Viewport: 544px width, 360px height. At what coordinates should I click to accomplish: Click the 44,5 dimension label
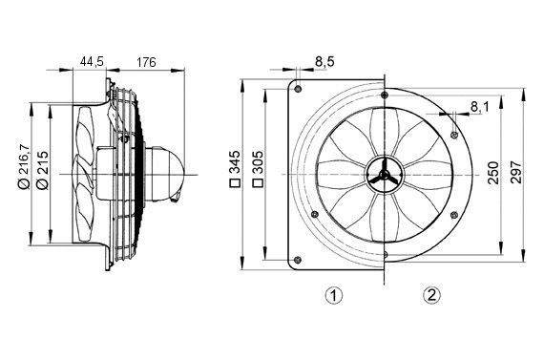pos(92,62)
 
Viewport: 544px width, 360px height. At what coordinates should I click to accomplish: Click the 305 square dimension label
pos(257,173)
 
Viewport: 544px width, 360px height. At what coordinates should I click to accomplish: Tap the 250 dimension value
pos(493,172)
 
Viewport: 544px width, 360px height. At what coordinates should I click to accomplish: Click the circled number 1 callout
pos(334,295)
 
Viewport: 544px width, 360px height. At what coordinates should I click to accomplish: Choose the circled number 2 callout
pos(432,295)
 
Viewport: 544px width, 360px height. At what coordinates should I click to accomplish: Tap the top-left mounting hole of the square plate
pos(299,89)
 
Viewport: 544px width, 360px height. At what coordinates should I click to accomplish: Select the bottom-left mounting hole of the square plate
pos(299,258)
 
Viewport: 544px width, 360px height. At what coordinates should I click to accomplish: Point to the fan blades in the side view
pos(86,172)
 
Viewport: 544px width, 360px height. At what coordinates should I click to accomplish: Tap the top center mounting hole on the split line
pos(383,94)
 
